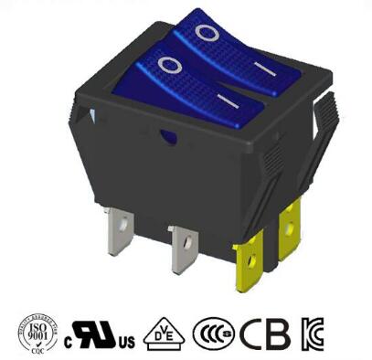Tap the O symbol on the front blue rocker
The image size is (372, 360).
tap(169, 65)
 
